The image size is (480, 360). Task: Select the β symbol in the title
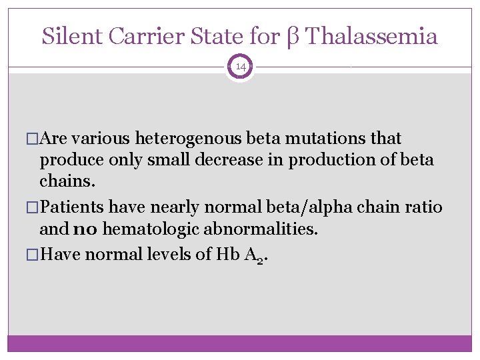[291, 37]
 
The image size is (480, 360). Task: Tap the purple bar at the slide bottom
[240, 343]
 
